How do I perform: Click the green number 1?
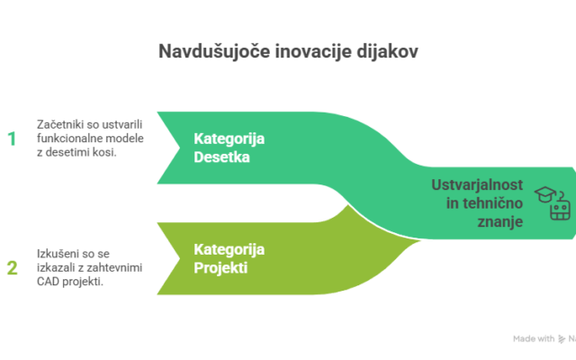[x=12, y=139]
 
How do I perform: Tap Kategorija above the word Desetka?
[x=229, y=138]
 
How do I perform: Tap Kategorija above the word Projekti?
[x=229, y=249]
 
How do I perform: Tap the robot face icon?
[x=559, y=211]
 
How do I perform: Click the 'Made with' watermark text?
[x=531, y=339]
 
